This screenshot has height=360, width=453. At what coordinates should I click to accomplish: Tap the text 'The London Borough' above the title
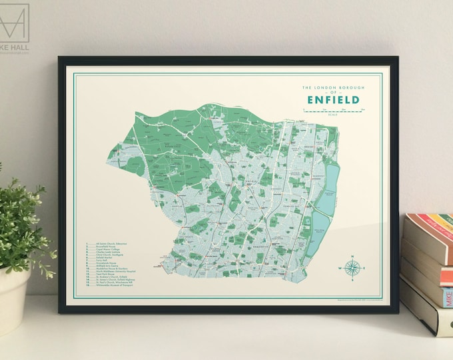(x=331, y=87)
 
